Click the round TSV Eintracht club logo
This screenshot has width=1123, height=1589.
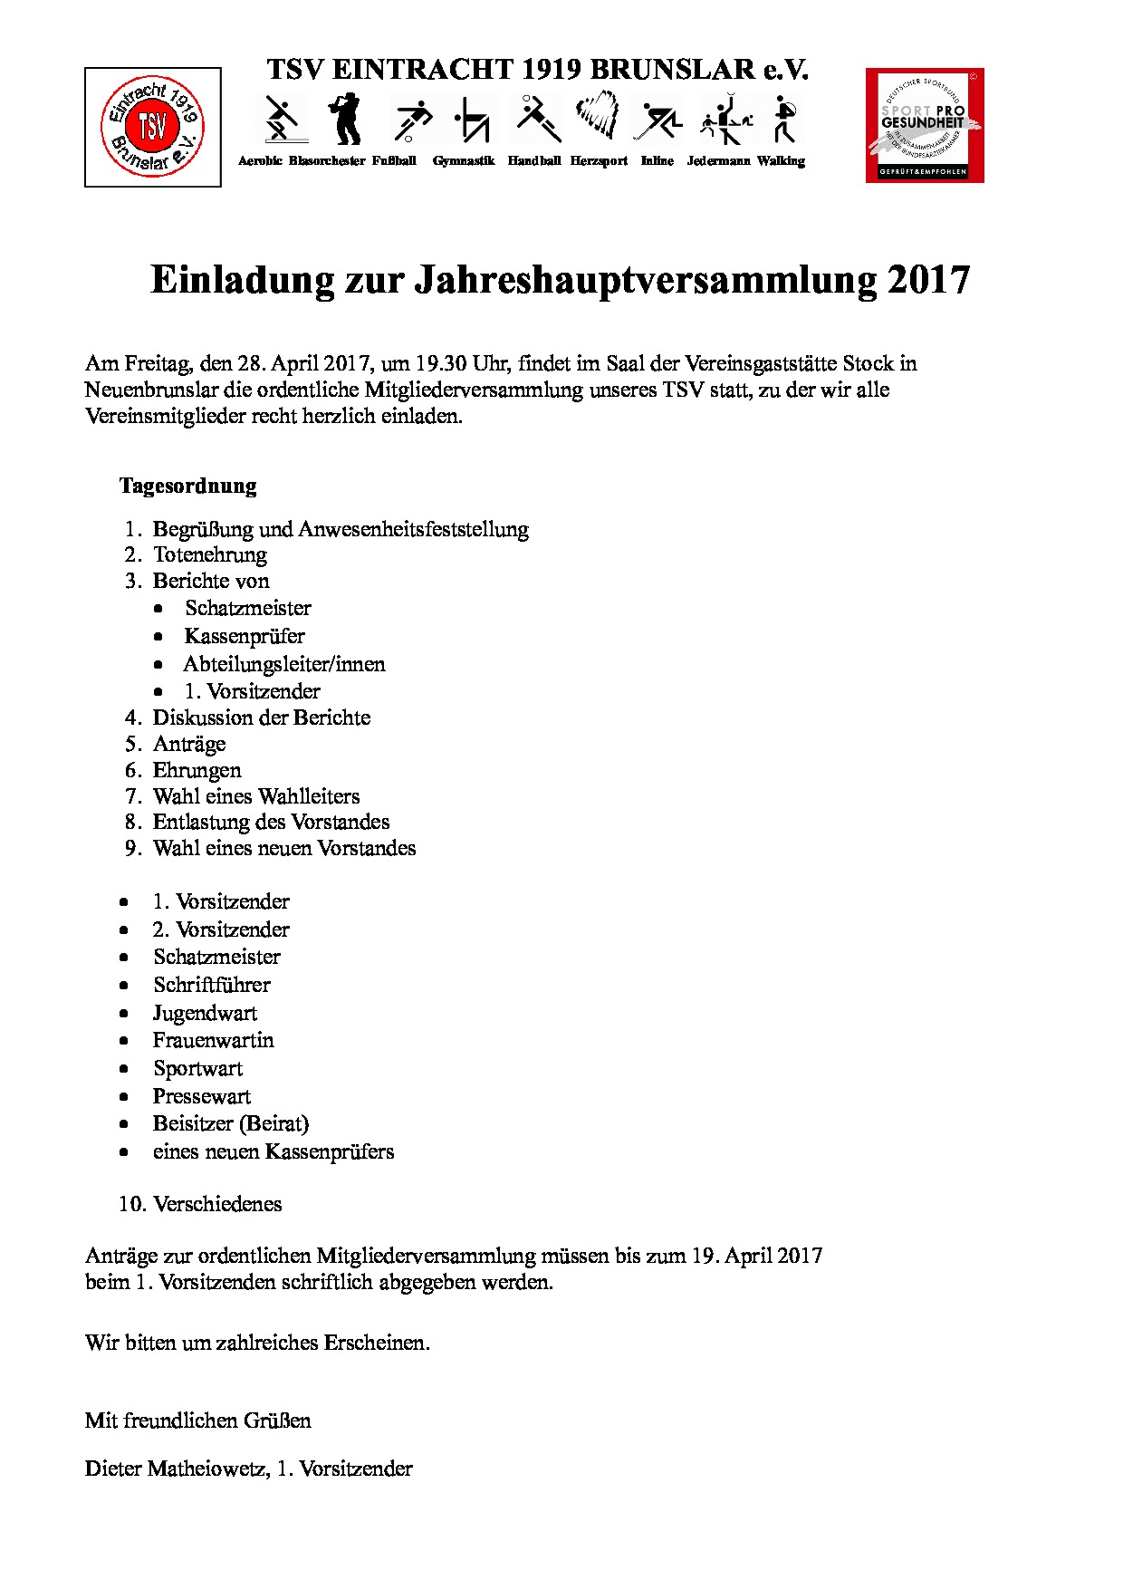point(152,127)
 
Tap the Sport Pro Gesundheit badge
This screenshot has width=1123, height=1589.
point(925,125)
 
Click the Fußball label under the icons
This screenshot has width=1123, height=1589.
point(394,161)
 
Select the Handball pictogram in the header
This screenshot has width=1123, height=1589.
point(536,119)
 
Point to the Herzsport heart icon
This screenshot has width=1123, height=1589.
point(597,116)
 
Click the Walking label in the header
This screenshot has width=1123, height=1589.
point(781,161)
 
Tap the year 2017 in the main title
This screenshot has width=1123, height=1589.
point(928,279)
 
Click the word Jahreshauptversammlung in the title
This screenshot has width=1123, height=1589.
point(646,279)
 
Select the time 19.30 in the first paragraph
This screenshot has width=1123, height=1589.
point(441,363)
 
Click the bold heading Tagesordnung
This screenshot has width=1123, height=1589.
point(188,486)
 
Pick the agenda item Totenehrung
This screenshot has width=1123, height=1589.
point(210,554)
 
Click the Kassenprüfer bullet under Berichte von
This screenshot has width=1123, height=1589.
point(245,636)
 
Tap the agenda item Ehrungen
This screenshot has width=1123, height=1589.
point(197,770)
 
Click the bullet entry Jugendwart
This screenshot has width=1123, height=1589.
point(205,1013)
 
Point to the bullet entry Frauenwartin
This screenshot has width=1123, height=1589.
point(213,1040)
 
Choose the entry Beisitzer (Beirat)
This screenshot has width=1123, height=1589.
point(231,1123)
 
